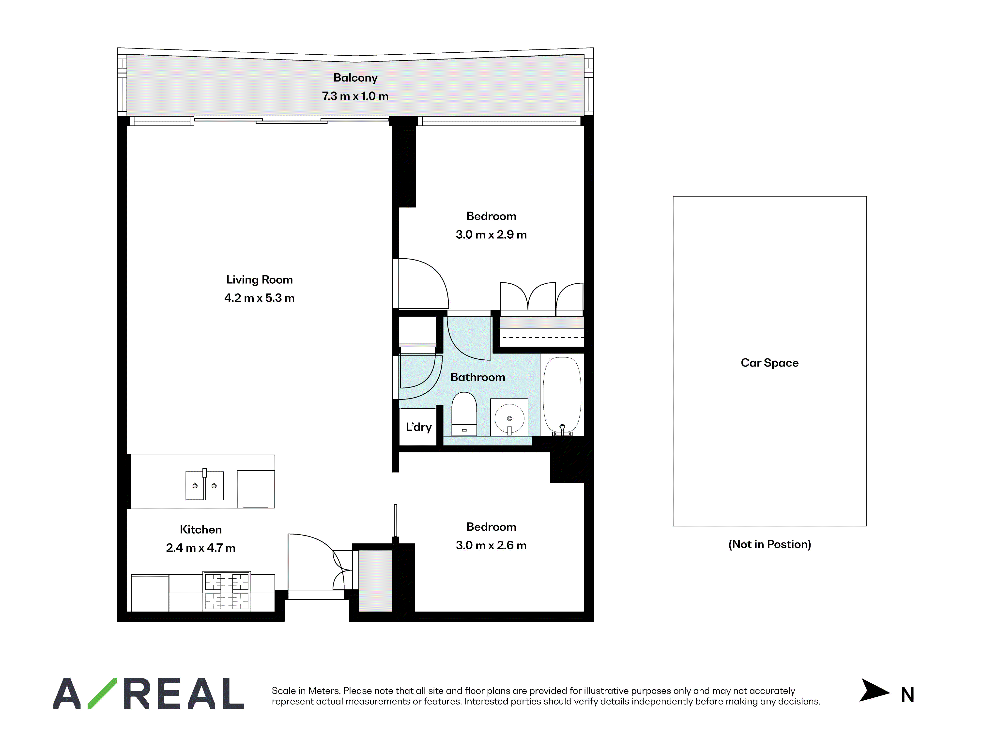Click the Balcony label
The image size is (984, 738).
click(x=355, y=78)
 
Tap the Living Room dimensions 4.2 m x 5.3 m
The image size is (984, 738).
click(x=259, y=298)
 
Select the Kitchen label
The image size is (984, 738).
click(x=201, y=529)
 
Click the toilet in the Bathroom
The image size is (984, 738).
click(x=464, y=414)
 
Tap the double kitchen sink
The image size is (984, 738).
click(x=205, y=485)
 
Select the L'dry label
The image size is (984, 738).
click(x=419, y=427)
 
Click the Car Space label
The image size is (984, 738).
click(x=769, y=363)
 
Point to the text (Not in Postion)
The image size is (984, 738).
click(x=769, y=544)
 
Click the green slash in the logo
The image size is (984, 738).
click(x=102, y=693)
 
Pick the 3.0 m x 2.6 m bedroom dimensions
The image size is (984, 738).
click(x=491, y=545)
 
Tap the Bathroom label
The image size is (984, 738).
click(x=478, y=377)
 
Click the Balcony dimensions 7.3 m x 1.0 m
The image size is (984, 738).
click(x=355, y=96)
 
